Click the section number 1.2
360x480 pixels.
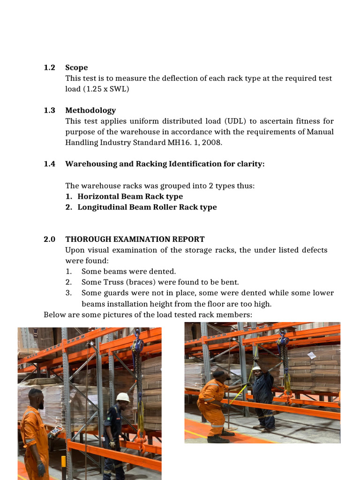coord(49,67)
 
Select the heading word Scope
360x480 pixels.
coord(76,67)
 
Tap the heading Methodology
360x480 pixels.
coord(90,110)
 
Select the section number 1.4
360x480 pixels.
coord(49,164)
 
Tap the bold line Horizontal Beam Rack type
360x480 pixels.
coord(130,196)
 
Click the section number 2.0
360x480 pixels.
coord(49,239)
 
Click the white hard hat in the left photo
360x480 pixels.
coord(123,397)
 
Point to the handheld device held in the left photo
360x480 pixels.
coord(56,430)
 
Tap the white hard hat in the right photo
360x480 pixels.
coord(256,368)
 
